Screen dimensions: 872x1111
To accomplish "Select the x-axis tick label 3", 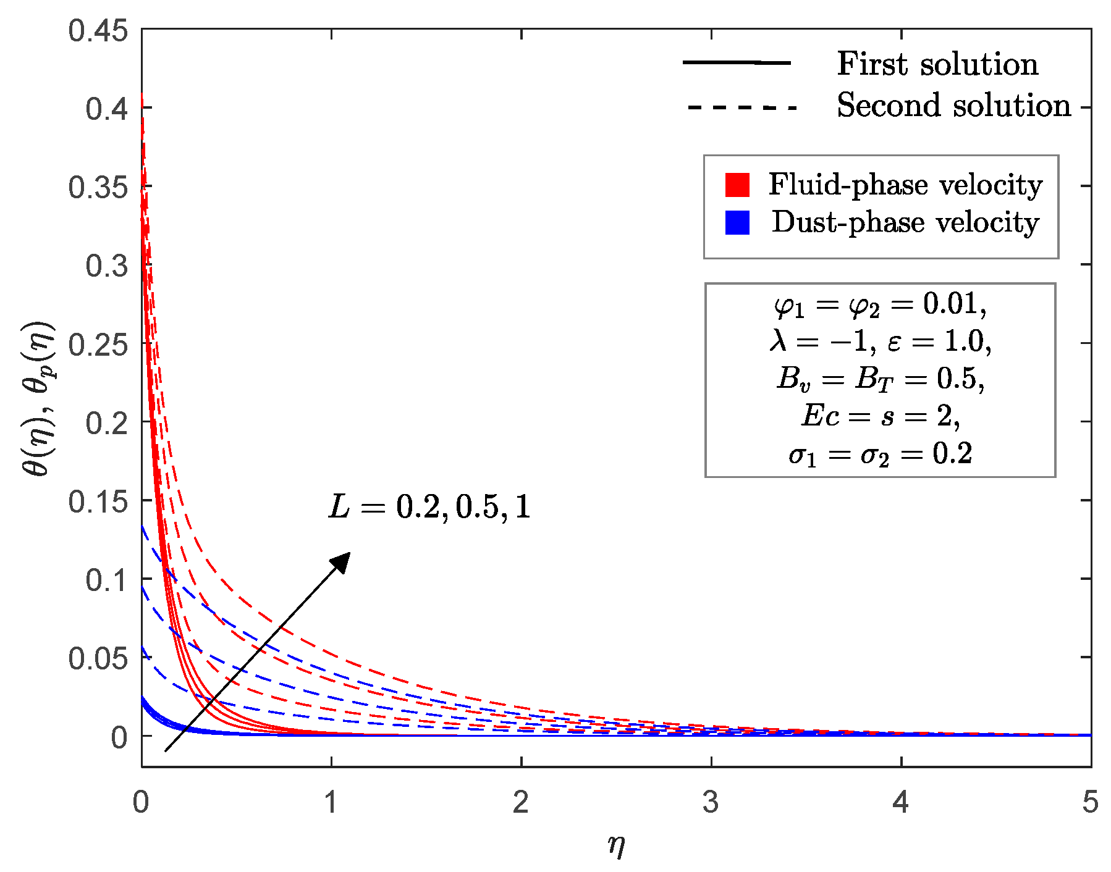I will click(x=711, y=802).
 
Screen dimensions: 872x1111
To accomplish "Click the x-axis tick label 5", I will click(x=1090, y=802).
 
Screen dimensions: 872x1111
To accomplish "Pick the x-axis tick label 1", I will click(x=331, y=802).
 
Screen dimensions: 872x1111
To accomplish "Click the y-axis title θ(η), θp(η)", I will click(x=38, y=399).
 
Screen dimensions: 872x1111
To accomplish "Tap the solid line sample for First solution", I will click(x=737, y=62).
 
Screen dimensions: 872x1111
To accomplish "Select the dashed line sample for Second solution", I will click(x=741, y=107).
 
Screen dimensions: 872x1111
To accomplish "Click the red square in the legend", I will click(x=737, y=185).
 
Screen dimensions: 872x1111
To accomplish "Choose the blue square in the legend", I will click(x=737, y=222).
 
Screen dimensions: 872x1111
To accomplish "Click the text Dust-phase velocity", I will click(x=905, y=222).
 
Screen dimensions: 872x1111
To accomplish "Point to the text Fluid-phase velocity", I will click(x=905, y=185).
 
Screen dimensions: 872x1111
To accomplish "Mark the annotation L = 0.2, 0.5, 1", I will click(x=429, y=507).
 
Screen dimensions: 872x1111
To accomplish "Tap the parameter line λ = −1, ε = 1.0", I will click(x=880, y=342).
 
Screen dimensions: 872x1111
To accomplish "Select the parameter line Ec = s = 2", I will click(x=880, y=416).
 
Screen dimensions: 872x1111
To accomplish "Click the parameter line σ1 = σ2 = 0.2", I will click(x=880, y=455).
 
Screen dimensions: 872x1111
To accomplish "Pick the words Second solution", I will click(x=953, y=106).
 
